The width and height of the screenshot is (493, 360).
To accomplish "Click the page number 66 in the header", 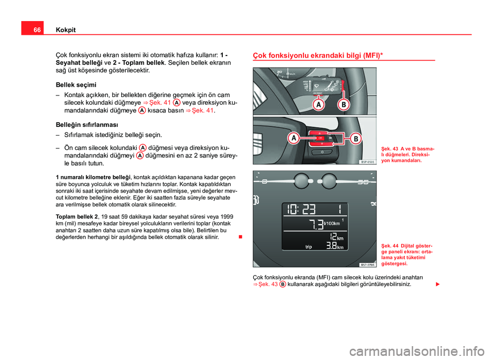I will click(31, 30).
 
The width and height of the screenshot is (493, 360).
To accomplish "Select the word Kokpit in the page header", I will click(65, 30).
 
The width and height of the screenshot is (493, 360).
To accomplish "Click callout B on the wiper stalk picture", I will click(343, 105).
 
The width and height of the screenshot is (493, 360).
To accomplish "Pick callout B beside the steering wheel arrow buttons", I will click(355, 139).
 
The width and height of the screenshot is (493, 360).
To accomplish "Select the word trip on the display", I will click(309, 247).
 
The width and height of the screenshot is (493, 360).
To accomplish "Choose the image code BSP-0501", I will click(367, 161).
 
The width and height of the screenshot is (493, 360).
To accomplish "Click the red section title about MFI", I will click(318, 54).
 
